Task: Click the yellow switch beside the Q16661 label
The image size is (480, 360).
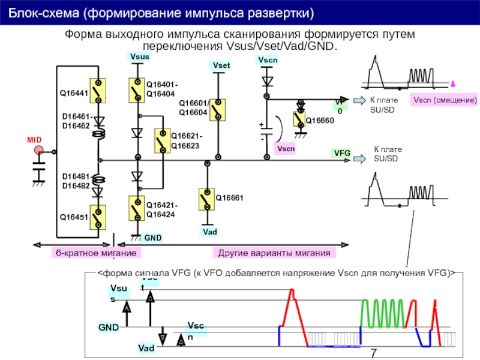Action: [206, 199]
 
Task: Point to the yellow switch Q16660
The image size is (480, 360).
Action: [299, 119]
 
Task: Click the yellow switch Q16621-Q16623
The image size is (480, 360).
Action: [161, 140]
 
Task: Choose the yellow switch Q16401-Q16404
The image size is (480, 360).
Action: [137, 91]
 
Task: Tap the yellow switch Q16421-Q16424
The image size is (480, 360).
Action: [137, 208]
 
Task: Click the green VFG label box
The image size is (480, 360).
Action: [342, 154]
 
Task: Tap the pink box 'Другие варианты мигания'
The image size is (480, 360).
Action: [274, 253]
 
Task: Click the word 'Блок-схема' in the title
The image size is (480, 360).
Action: [36, 12]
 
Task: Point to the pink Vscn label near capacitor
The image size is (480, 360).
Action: [285, 148]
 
